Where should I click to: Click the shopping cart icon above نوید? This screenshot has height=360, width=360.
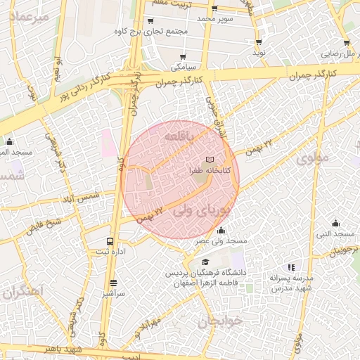tap(258, 41)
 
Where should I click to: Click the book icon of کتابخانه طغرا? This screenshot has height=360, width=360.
tap(210, 160)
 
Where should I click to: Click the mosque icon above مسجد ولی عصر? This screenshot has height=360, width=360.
tap(221, 230)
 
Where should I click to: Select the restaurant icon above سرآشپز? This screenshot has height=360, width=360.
tap(114, 283)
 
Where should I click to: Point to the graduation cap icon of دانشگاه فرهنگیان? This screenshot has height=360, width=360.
tap(205, 262)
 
